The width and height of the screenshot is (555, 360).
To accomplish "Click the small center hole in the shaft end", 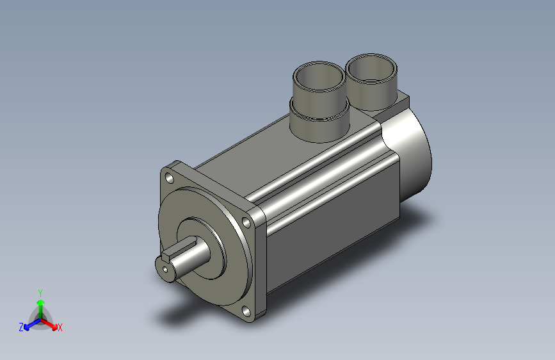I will point(166,270).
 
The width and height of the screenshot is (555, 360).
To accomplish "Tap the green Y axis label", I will point(40,291).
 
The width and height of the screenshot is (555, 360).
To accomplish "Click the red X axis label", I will point(60,327).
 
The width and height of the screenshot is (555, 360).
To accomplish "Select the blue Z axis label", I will point(21,327).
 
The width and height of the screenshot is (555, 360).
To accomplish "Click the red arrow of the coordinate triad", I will point(51,323).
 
